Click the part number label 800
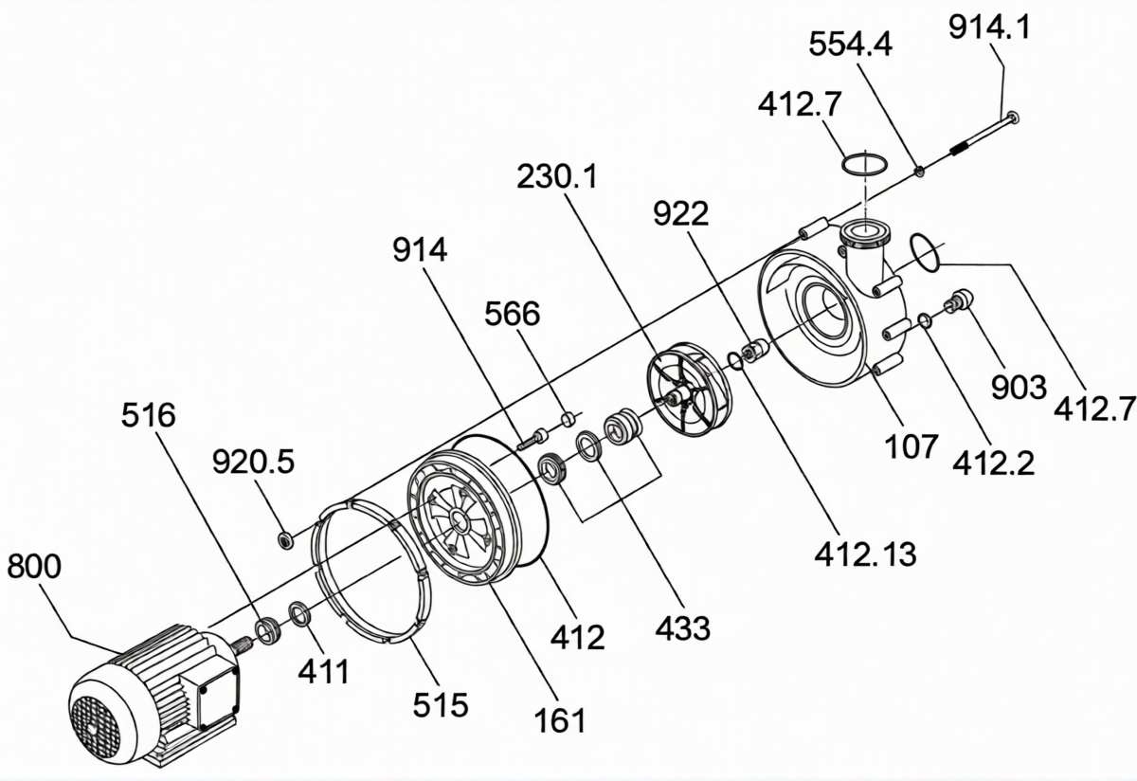(34, 566)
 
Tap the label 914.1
(990, 27)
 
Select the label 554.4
(850, 45)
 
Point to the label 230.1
(558, 176)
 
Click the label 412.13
(865, 554)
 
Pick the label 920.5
(253, 463)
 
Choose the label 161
(560, 720)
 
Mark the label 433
(682, 628)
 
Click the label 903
(1019, 388)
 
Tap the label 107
(911, 446)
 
